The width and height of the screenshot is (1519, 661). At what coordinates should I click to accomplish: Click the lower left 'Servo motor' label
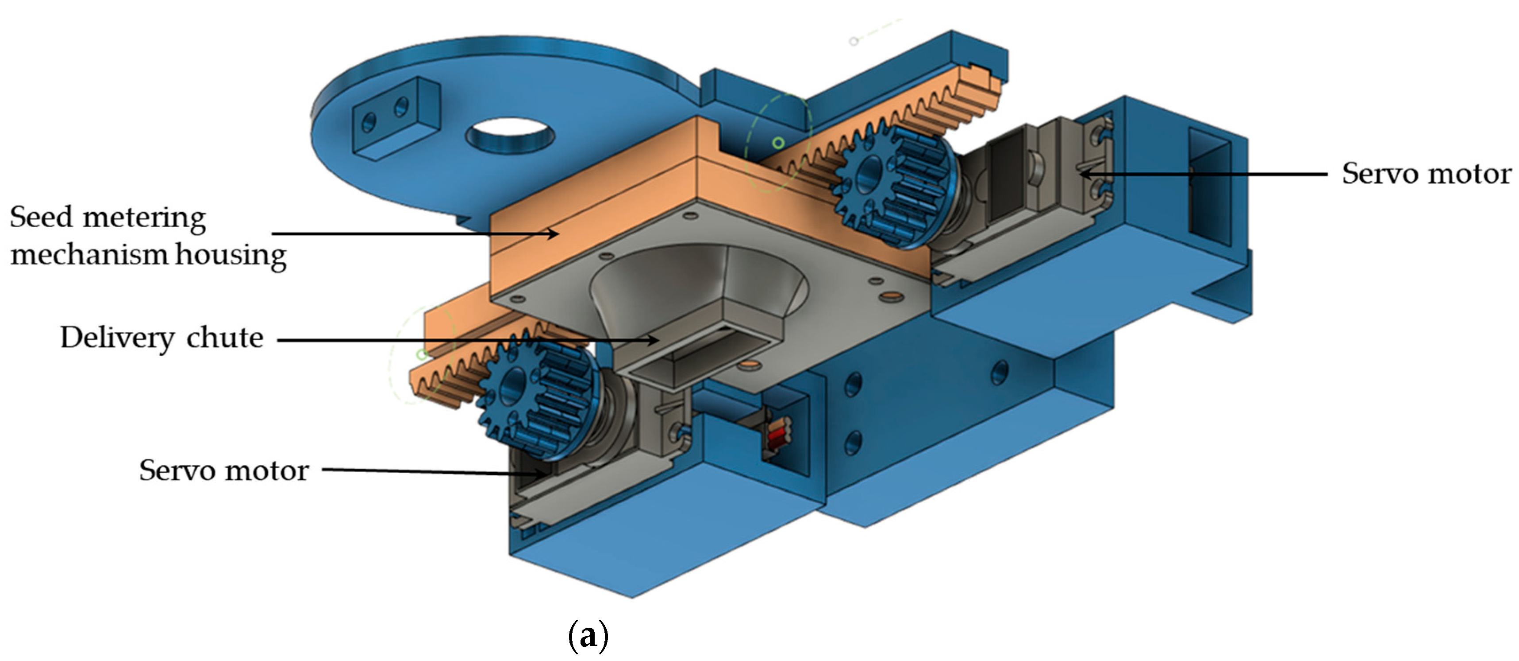223,471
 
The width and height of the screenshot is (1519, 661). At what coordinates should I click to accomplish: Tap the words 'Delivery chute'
162,338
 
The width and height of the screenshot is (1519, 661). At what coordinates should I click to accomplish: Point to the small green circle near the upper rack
778,143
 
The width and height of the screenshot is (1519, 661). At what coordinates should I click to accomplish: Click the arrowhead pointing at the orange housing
553,234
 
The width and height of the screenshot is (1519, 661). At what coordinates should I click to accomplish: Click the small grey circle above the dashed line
853,41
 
